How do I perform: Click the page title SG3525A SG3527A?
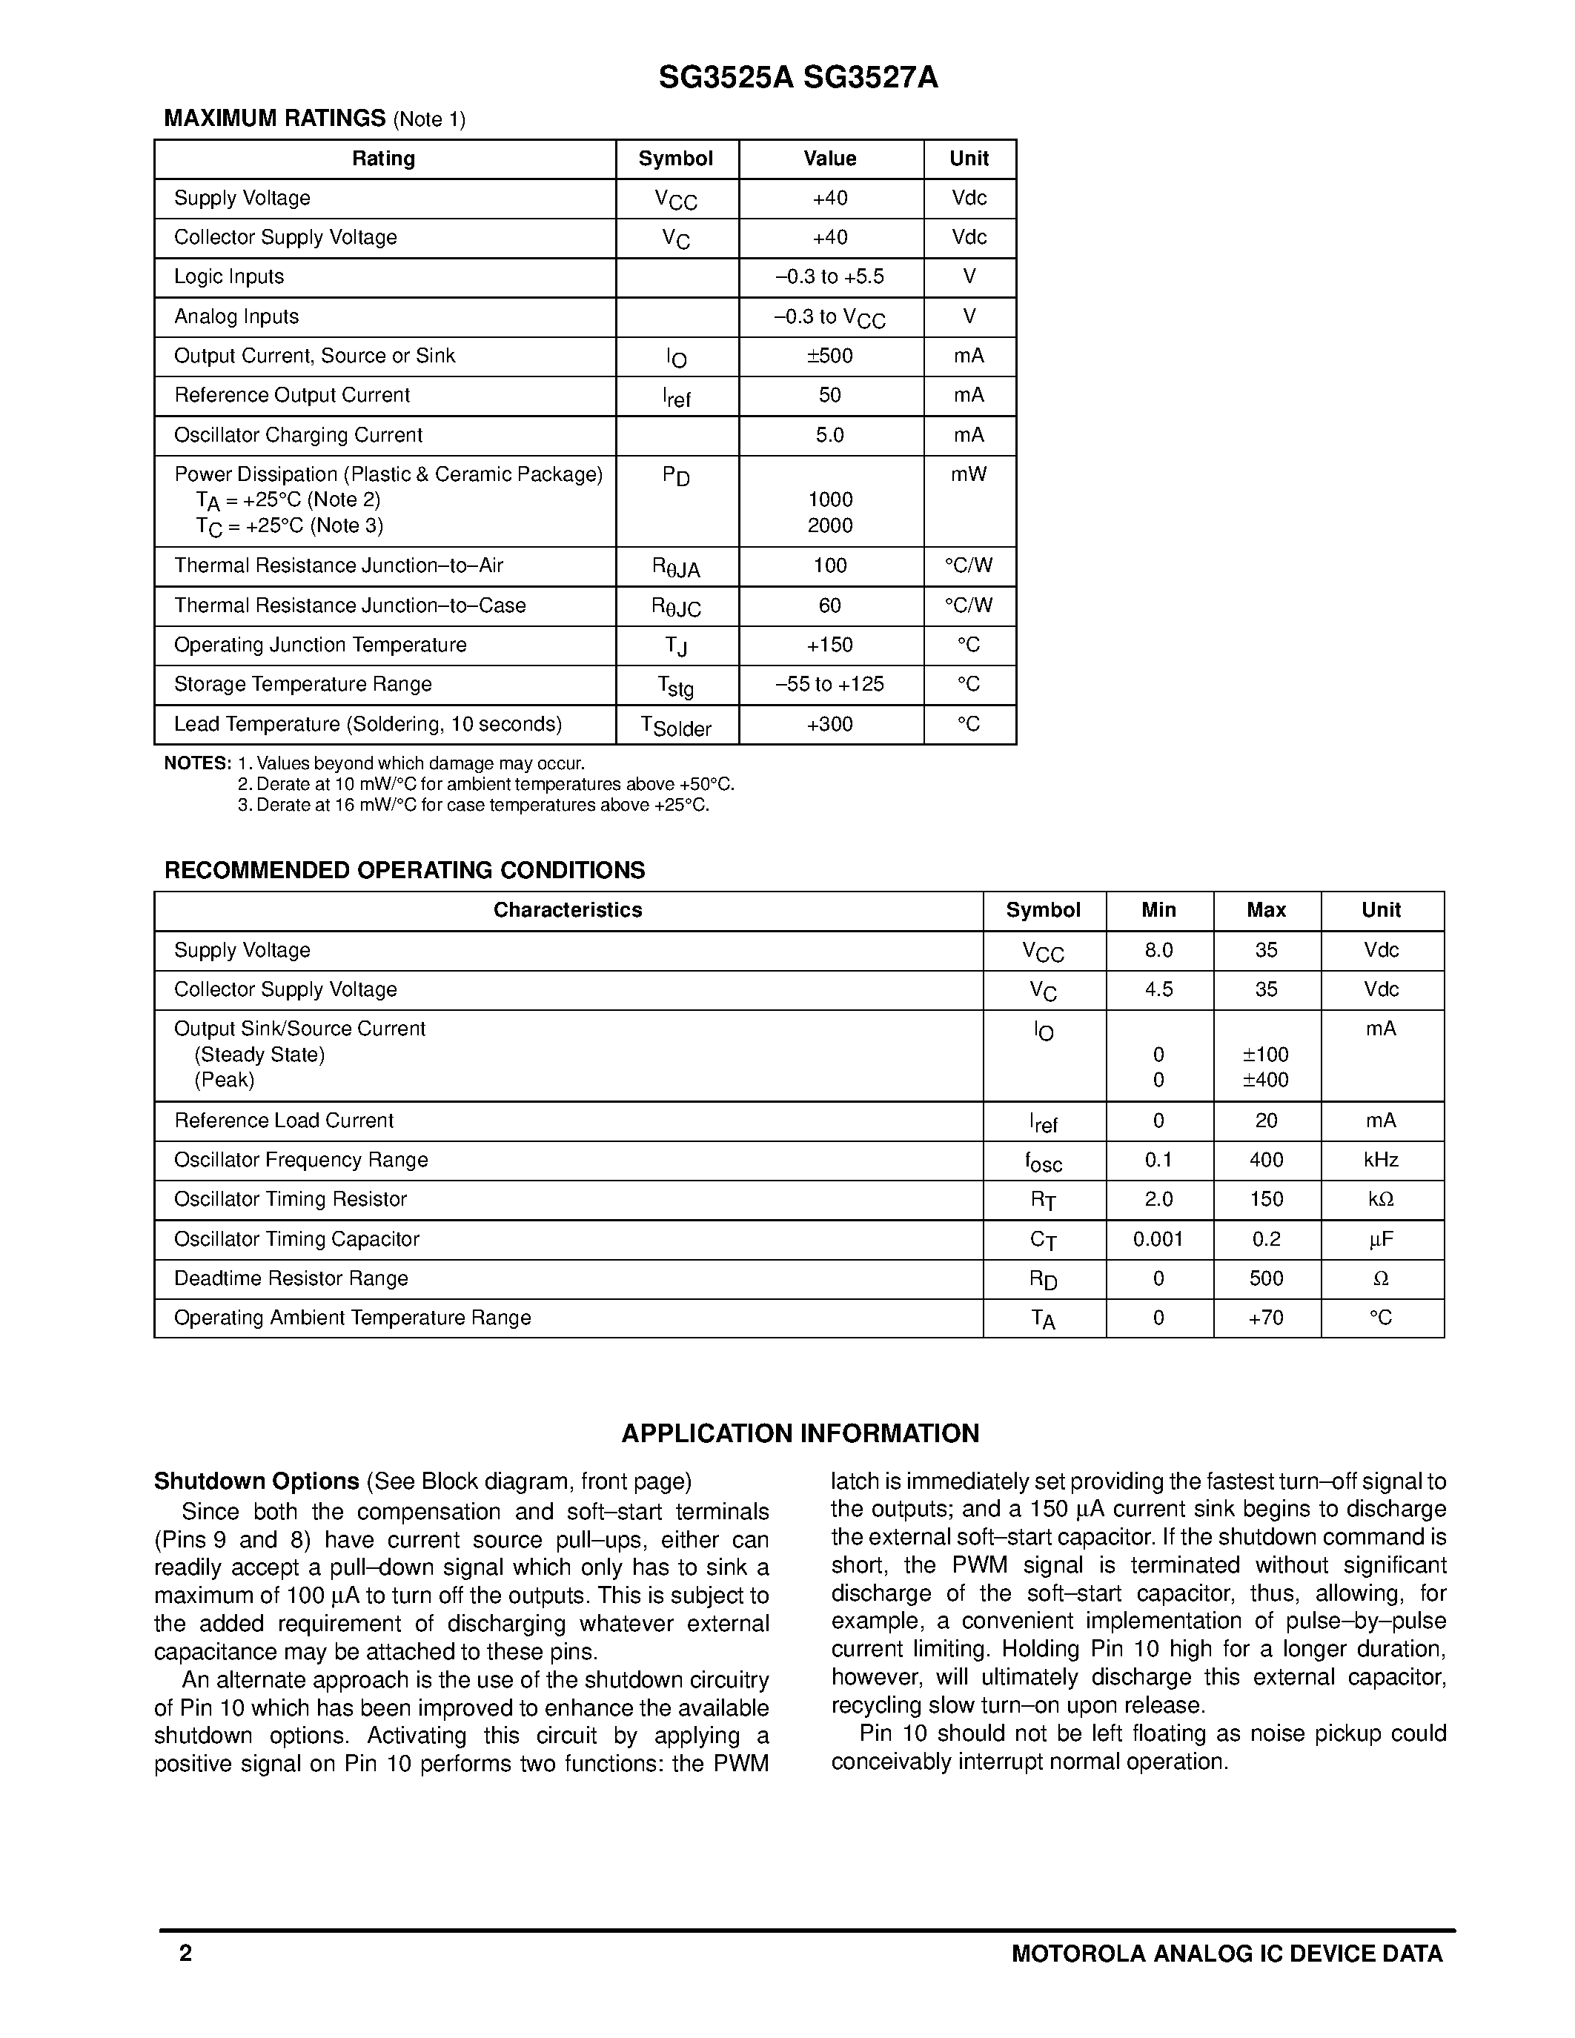point(798,79)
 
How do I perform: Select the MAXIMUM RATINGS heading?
point(274,119)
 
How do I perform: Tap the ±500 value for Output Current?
point(829,356)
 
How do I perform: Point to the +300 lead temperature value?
point(829,725)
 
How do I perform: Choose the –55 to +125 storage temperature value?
point(829,685)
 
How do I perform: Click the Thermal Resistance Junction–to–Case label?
point(350,606)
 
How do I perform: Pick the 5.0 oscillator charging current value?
point(829,436)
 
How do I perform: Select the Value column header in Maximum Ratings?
point(829,159)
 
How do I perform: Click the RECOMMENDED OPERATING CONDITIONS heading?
point(404,871)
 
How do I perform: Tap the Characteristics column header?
point(567,911)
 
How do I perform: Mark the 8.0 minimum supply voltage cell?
point(1159,951)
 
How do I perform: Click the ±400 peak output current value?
point(1265,1081)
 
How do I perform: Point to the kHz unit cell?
point(1381,1161)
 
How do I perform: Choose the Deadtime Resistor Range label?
point(291,1279)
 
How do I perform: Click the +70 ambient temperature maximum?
point(1265,1318)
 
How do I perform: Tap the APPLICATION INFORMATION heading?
point(800,1434)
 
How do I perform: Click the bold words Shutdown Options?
point(256,1482)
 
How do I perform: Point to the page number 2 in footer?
point(186,1954)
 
